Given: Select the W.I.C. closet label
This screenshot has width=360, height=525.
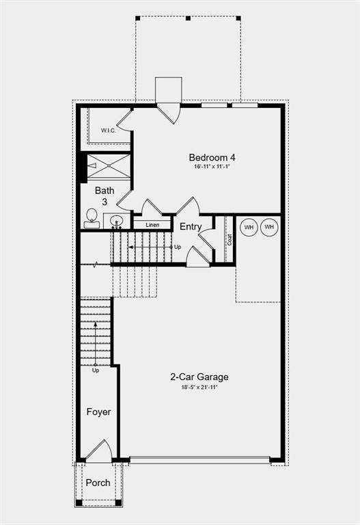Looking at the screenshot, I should [109, 131].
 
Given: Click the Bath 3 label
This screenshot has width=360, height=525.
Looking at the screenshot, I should [105, 196].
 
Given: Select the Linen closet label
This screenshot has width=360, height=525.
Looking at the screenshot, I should [152, 224].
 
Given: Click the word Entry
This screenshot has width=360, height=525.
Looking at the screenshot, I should [191, 227].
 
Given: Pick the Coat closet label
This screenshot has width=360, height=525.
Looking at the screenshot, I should [230, 239].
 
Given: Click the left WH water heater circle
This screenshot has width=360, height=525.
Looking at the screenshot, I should [249, 226].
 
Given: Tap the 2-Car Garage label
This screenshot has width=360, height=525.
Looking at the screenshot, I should [199, 377].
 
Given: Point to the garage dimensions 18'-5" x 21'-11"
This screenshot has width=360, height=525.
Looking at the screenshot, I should [199, 387].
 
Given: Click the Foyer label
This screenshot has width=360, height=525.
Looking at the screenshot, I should [98, 412].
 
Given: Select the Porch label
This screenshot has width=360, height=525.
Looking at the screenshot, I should [98, 483].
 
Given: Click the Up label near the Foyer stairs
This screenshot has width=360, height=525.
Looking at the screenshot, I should [96, 371].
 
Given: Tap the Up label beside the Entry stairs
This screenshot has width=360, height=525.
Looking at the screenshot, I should [178, 247].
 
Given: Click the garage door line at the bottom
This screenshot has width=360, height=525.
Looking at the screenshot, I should [199, 460].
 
